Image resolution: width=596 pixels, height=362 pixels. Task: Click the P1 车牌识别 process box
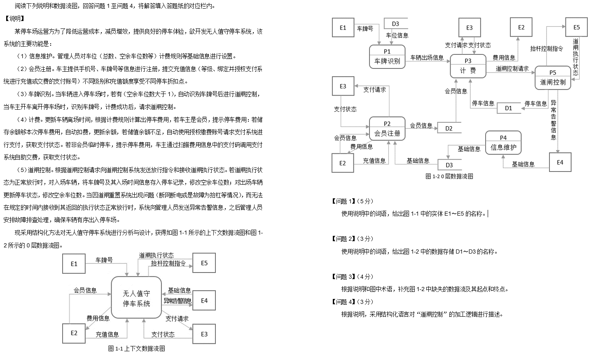(387, 57)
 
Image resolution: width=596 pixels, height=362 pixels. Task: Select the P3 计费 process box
(468, 66)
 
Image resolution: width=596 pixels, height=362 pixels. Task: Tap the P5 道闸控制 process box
(552, 78)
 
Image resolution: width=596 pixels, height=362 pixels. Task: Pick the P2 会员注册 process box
(387, 128)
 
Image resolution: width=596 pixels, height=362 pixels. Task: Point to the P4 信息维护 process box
(503, 143)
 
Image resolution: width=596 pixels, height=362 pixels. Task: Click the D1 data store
(509, 108)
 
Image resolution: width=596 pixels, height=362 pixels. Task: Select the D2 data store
(449, 128)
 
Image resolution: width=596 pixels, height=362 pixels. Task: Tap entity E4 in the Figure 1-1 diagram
(204, 301)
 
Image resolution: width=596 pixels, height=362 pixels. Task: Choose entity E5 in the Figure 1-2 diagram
(576, 27)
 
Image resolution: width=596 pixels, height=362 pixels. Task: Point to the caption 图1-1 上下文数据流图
(136, 349)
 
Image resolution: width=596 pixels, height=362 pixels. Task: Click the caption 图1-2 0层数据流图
(449, 176)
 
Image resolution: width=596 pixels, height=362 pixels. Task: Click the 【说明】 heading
(15, 19)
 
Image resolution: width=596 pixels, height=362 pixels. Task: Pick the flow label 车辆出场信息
(427, 58)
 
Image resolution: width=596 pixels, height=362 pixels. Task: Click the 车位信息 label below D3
(397, 35)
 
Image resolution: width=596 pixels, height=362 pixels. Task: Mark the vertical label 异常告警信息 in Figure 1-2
(554, 120)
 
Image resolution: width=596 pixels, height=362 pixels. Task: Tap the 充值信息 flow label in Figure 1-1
(107, 334)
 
